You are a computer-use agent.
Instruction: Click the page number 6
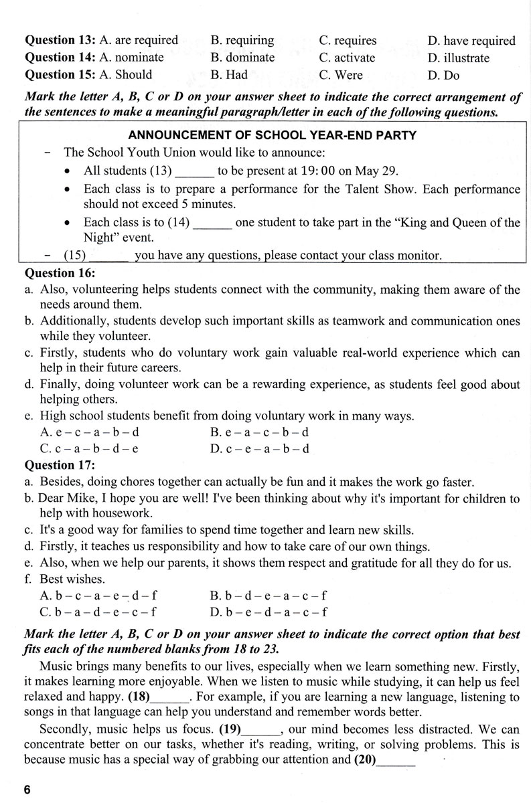[x=27, y=789]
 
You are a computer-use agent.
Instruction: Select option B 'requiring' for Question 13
[x=242, y=40]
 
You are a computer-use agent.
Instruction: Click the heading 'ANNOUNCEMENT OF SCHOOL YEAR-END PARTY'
[x=272, y=136]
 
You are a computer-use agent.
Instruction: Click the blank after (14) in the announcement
[x=212, y=222]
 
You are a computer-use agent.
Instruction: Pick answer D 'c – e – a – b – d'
[x=259, y=448]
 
